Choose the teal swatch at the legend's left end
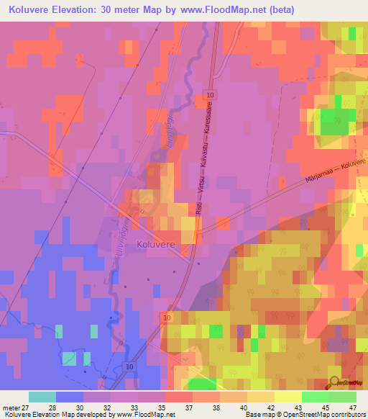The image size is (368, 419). coord(42,397)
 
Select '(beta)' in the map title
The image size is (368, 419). coord(279,11)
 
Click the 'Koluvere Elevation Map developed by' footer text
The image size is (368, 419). coord(57,414)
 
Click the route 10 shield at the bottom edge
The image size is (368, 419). coord(129,367)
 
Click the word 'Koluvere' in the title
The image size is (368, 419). coord(32,11)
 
